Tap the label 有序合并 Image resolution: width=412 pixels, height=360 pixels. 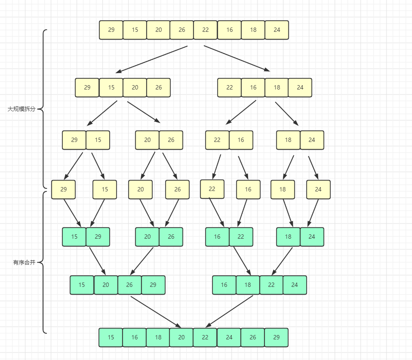pos(24,262)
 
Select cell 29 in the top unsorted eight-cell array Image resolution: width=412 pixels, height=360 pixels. pos(111,30)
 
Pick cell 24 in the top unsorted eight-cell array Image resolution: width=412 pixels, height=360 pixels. pos(277,30)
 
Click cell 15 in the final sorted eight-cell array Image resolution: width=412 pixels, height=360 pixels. pos(111,338)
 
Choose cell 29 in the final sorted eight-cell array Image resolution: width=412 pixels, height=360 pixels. pos(276,338)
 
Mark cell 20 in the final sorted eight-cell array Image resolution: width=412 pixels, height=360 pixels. pos(181,338)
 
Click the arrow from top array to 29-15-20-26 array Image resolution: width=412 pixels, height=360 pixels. pos(151,59)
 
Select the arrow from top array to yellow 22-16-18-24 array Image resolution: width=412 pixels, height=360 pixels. pos(237,58)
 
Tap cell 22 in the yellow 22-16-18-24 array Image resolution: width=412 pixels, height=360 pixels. pos(229,88)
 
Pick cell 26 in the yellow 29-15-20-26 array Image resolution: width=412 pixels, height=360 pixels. pos(158,88)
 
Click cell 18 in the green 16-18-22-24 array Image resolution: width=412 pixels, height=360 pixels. pos(248,285)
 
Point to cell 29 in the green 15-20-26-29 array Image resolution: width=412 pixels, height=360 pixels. pos(153,285)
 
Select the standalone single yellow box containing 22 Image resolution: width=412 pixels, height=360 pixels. pos(212,189)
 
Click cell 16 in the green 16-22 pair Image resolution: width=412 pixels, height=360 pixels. pos(217,237)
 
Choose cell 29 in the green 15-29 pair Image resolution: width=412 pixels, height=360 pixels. pos(98,237)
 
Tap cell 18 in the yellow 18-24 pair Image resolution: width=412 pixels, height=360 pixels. pos(288,140)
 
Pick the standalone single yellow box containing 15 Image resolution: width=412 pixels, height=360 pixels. pos(105,190)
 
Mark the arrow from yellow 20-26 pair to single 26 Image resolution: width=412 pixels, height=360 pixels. pos(170,166)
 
